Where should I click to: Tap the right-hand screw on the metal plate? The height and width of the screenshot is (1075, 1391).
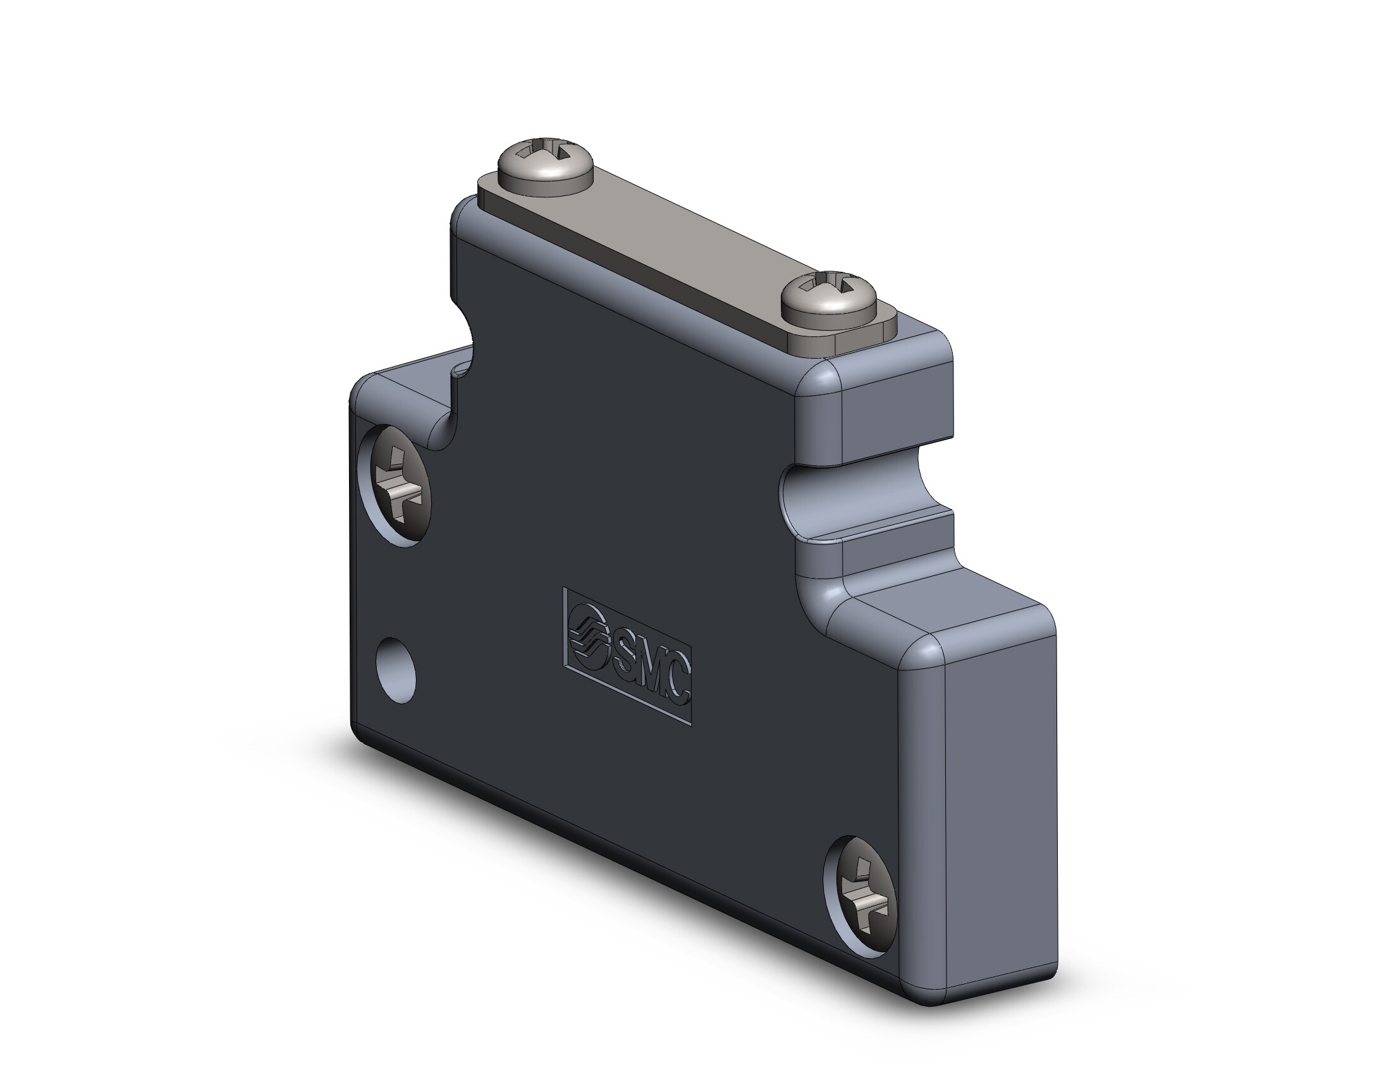point(830,301)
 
